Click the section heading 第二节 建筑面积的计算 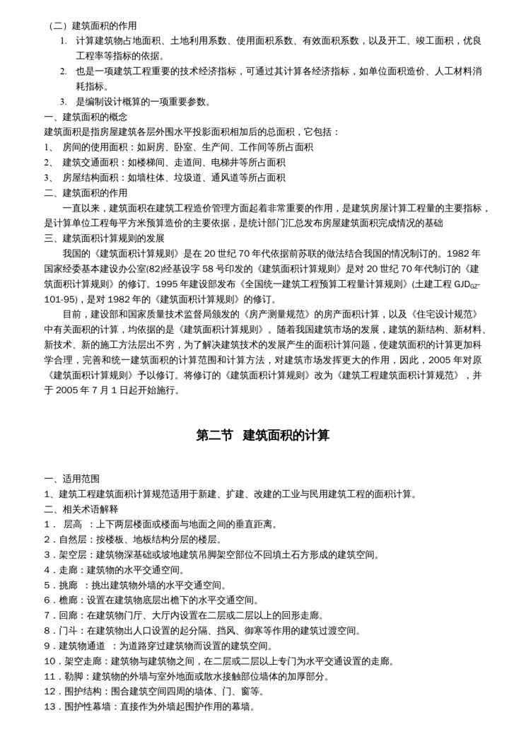click(x=262, y=436)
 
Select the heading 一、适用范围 click(x=72, y=479)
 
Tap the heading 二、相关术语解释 click(x=81, y=509)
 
